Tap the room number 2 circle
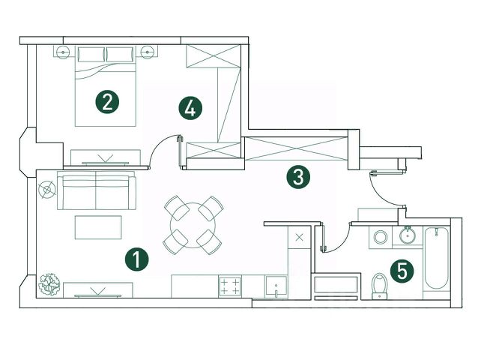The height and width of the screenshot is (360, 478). pyautogui.click(x=108, y=100)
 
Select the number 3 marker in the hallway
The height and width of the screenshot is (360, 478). pyautogui.click(x=298, y=178)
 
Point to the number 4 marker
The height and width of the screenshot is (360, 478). pyautogui.click(x=190, y=108)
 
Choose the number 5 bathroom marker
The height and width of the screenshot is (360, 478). pyautogui.click(x=402, y=271)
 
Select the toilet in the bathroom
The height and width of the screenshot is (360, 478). pyautogui.click(x=380, y=284)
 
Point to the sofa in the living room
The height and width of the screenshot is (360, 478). pyautogui.click(x=97, y=192)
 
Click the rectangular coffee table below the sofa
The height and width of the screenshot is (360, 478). pyautogui.click(x=97, y=226)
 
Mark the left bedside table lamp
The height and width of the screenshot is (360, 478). pyautogui.click(x=63, y=52)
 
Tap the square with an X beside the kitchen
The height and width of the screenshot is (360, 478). pyautogui.click(x=300, y=238)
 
